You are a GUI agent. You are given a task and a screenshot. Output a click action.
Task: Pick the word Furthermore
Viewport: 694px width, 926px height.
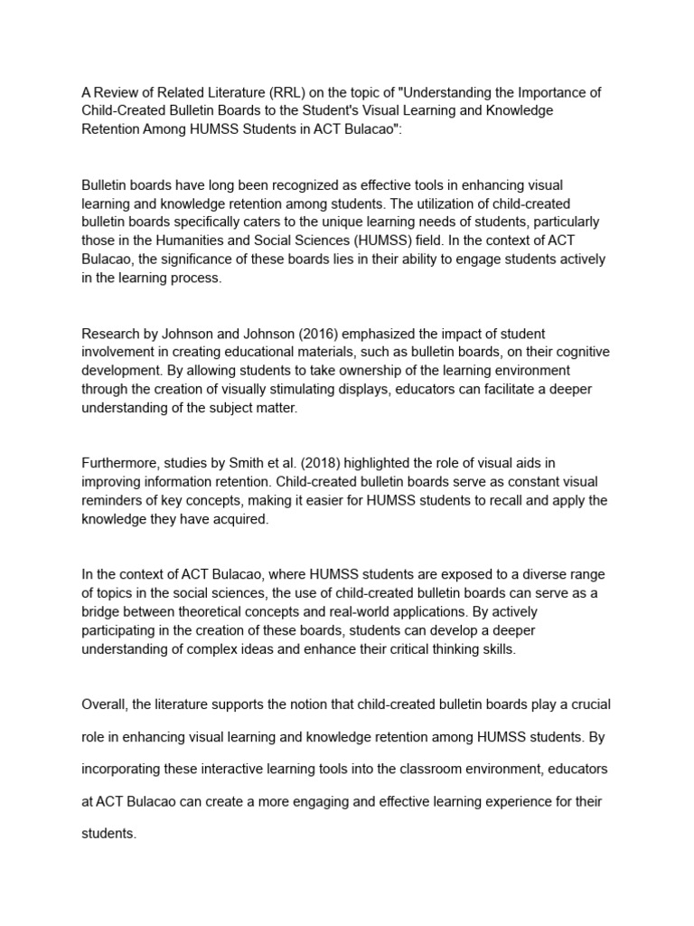[x=118, y=463]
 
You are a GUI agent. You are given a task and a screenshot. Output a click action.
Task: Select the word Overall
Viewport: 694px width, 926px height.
[x=106, y=704]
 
